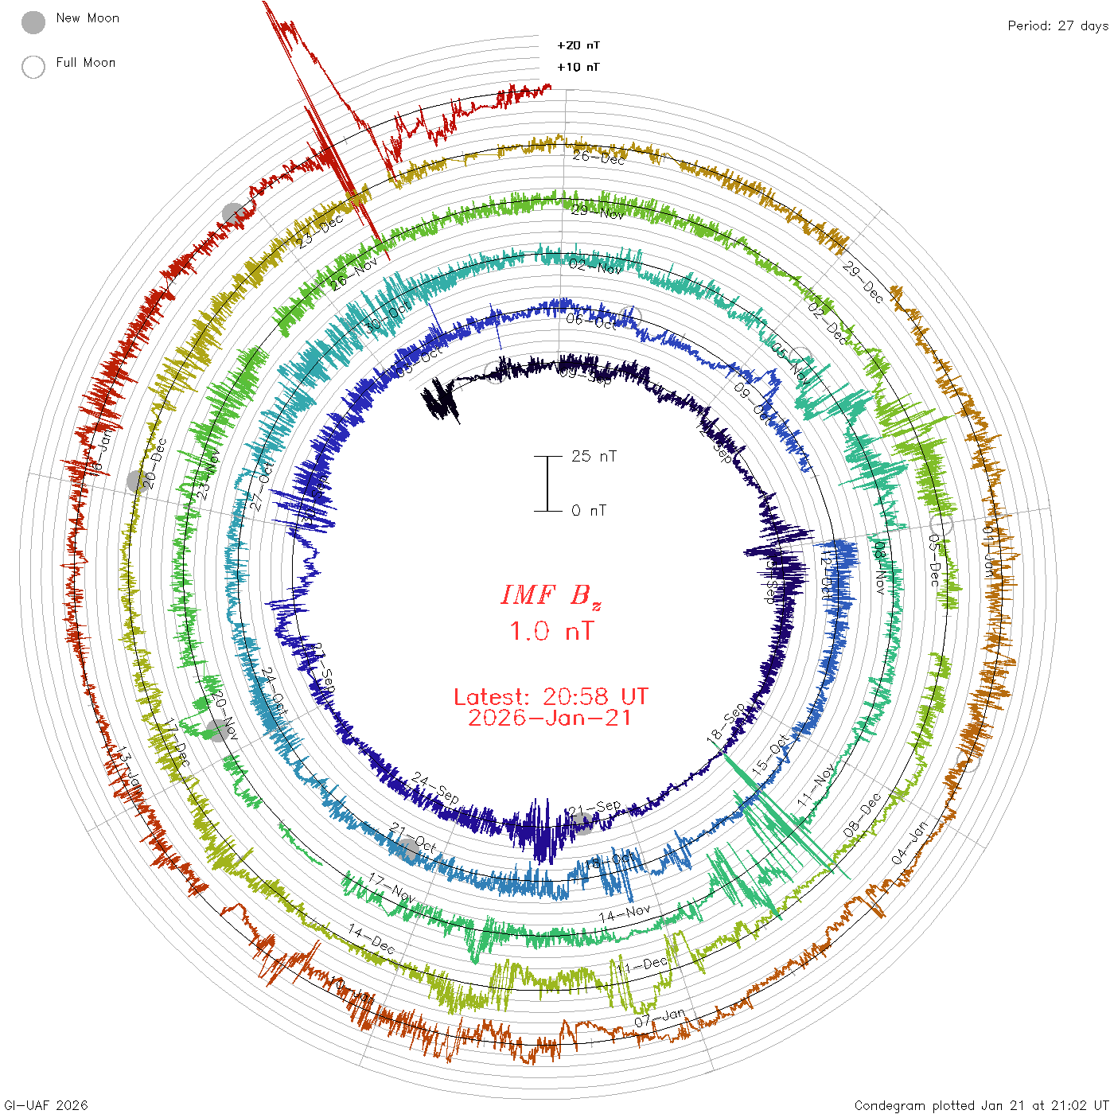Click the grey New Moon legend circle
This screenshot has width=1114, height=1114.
tap(33, 22)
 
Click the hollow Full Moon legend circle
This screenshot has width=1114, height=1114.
tap(33, 67)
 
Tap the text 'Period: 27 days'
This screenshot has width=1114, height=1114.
tap(1058, 26)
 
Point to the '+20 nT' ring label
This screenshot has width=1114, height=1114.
tap(578, 45)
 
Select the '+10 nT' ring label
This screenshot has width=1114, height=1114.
tap(578, 67)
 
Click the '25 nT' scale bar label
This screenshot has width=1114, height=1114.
tap(594, 456)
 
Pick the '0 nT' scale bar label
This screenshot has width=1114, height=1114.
tap(589, 511)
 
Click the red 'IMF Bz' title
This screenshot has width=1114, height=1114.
tap(551, 595)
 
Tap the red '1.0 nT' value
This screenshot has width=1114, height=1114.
tap(551, 632)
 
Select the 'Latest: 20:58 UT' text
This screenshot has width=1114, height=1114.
tap(551, 697)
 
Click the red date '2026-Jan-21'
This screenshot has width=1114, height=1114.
tap(551, 719)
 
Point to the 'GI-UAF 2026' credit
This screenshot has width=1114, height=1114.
tap(46, 1105)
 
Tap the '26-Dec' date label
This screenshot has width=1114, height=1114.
tap(598, 157)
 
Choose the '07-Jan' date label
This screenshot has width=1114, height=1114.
tap(660, 1017)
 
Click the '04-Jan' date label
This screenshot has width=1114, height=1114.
tap(910, 843)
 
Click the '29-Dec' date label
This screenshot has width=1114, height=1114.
tap(863, 282)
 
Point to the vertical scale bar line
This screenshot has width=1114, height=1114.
tap(547, 484)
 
